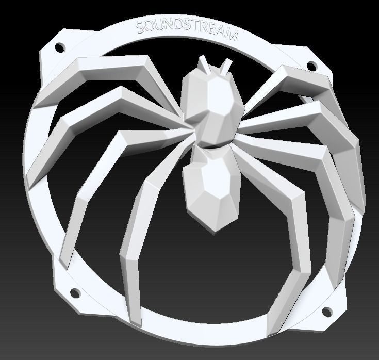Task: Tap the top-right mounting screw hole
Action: click(x=311, y=66)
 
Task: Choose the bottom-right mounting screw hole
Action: click(x=327, y=311)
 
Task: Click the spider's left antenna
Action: click(x=204, y=63)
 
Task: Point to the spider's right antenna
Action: click(x=225, y=66)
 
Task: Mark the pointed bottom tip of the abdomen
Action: click(x=211, y=227)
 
